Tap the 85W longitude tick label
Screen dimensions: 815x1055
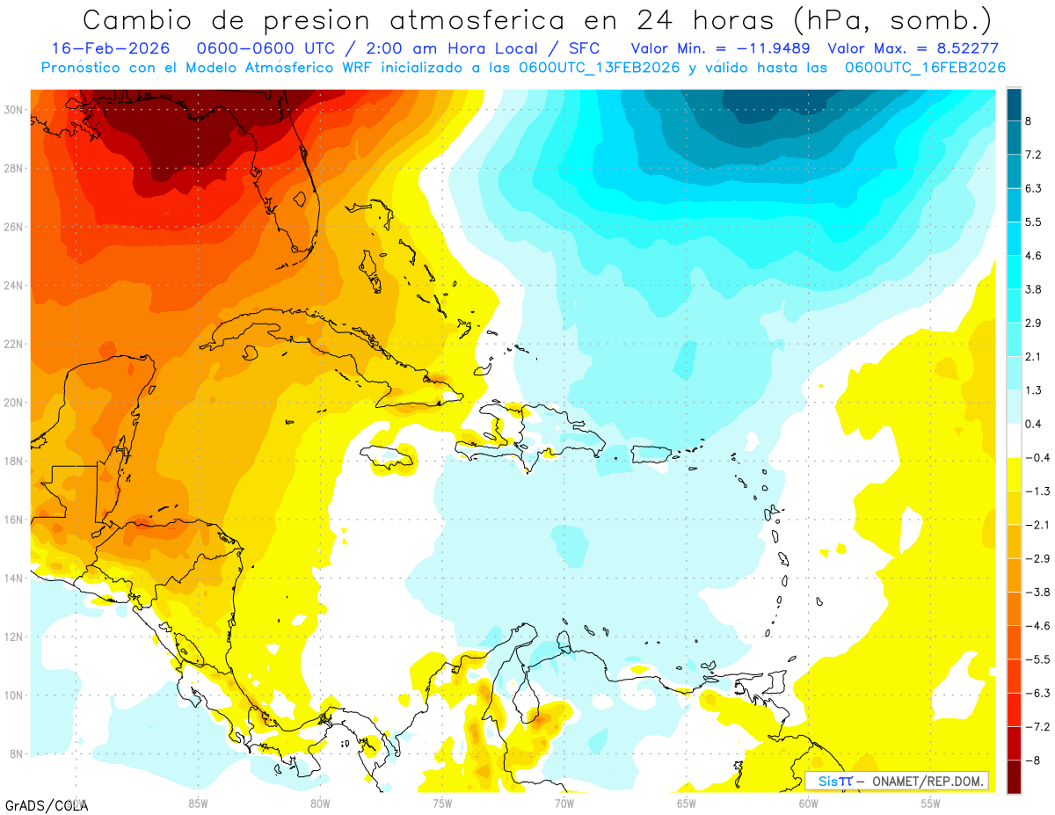tap(198, 802)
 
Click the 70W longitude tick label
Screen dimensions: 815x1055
tap(564, 802)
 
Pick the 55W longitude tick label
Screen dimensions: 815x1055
tap(930, 802)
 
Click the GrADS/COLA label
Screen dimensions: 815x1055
tap(46, 805)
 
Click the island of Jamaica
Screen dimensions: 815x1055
tap(388, 455)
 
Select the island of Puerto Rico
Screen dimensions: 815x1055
tap(652, 454)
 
